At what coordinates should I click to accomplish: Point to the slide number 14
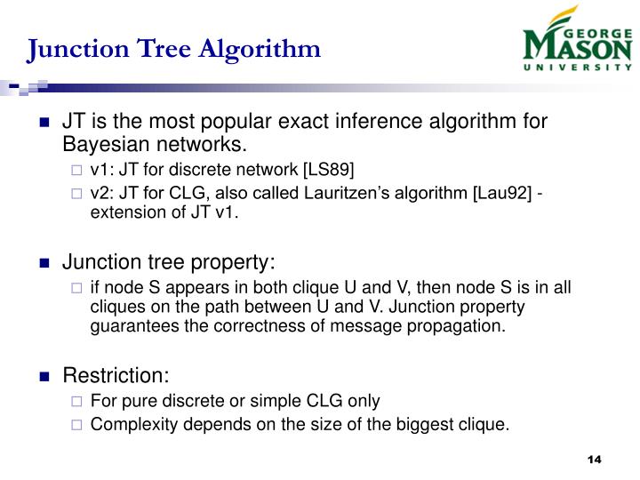coord(595,459)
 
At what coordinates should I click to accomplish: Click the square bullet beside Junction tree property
coord(45,263)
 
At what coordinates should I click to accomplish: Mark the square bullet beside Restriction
coord(45,376)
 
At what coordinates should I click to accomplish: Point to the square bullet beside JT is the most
coord(45,123)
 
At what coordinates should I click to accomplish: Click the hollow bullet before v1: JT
coord(76,170)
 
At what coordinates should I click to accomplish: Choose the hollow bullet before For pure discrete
coord(76,401)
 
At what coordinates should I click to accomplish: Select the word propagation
coord(462,325)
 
